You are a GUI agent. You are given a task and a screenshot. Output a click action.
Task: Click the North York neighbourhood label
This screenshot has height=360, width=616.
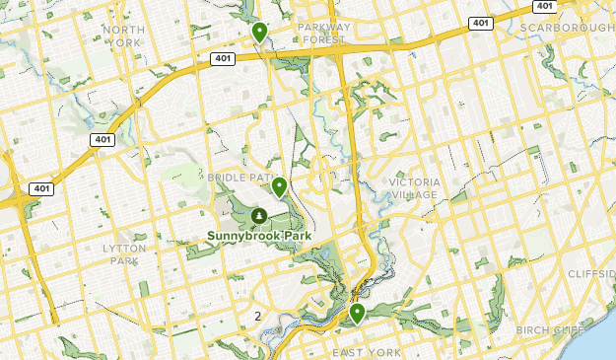pos(123,36)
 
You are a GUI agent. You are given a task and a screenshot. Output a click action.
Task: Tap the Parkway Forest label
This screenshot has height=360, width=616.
pos(324,35)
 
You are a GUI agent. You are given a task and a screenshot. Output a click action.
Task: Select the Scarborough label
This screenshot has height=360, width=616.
pos(567,28)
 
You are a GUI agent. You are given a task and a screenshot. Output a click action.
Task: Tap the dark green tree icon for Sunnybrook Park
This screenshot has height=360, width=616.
pos(259,215)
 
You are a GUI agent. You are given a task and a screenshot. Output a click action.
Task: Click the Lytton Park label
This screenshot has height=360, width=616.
pos(124,254)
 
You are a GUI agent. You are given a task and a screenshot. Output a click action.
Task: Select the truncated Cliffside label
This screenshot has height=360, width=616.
pos(591,273)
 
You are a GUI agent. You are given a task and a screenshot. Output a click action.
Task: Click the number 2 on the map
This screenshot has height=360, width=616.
pos(258,316)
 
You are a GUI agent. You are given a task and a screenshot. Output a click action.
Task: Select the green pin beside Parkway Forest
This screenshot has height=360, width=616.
pos(259,33)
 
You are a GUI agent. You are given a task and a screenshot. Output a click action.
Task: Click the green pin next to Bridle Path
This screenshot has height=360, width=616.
pos(279,185)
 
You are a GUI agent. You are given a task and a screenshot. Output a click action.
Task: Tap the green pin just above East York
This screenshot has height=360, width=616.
pos(357,313)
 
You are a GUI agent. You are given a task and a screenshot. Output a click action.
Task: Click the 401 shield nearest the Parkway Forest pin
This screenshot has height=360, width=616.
pos(222,59)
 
